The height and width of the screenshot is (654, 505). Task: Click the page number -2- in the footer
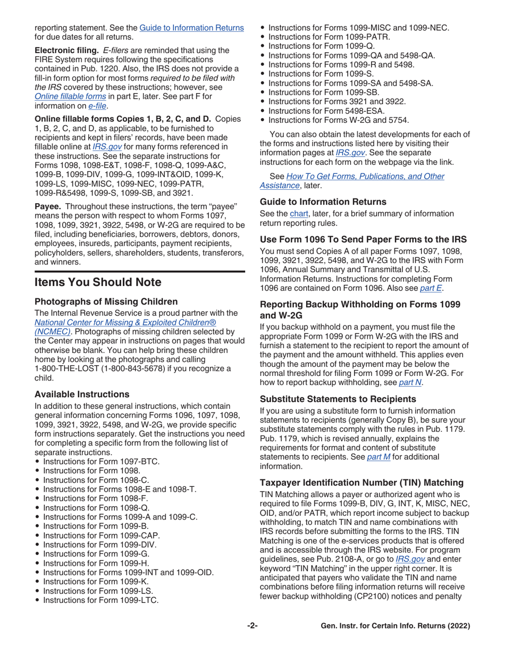[252, 626]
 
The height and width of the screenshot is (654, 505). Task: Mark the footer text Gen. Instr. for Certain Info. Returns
[396, 626]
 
